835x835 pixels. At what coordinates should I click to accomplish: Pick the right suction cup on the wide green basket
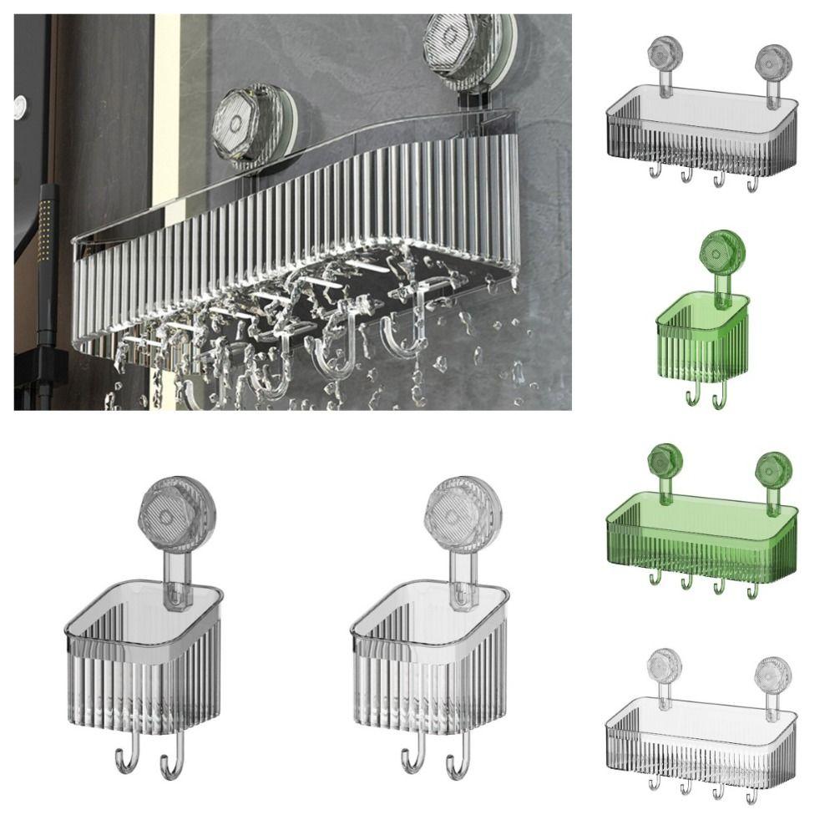tap(773, 468)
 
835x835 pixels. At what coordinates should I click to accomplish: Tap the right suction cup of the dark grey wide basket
tap(773, 60)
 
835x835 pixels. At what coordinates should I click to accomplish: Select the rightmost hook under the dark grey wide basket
tap(751, 182)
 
